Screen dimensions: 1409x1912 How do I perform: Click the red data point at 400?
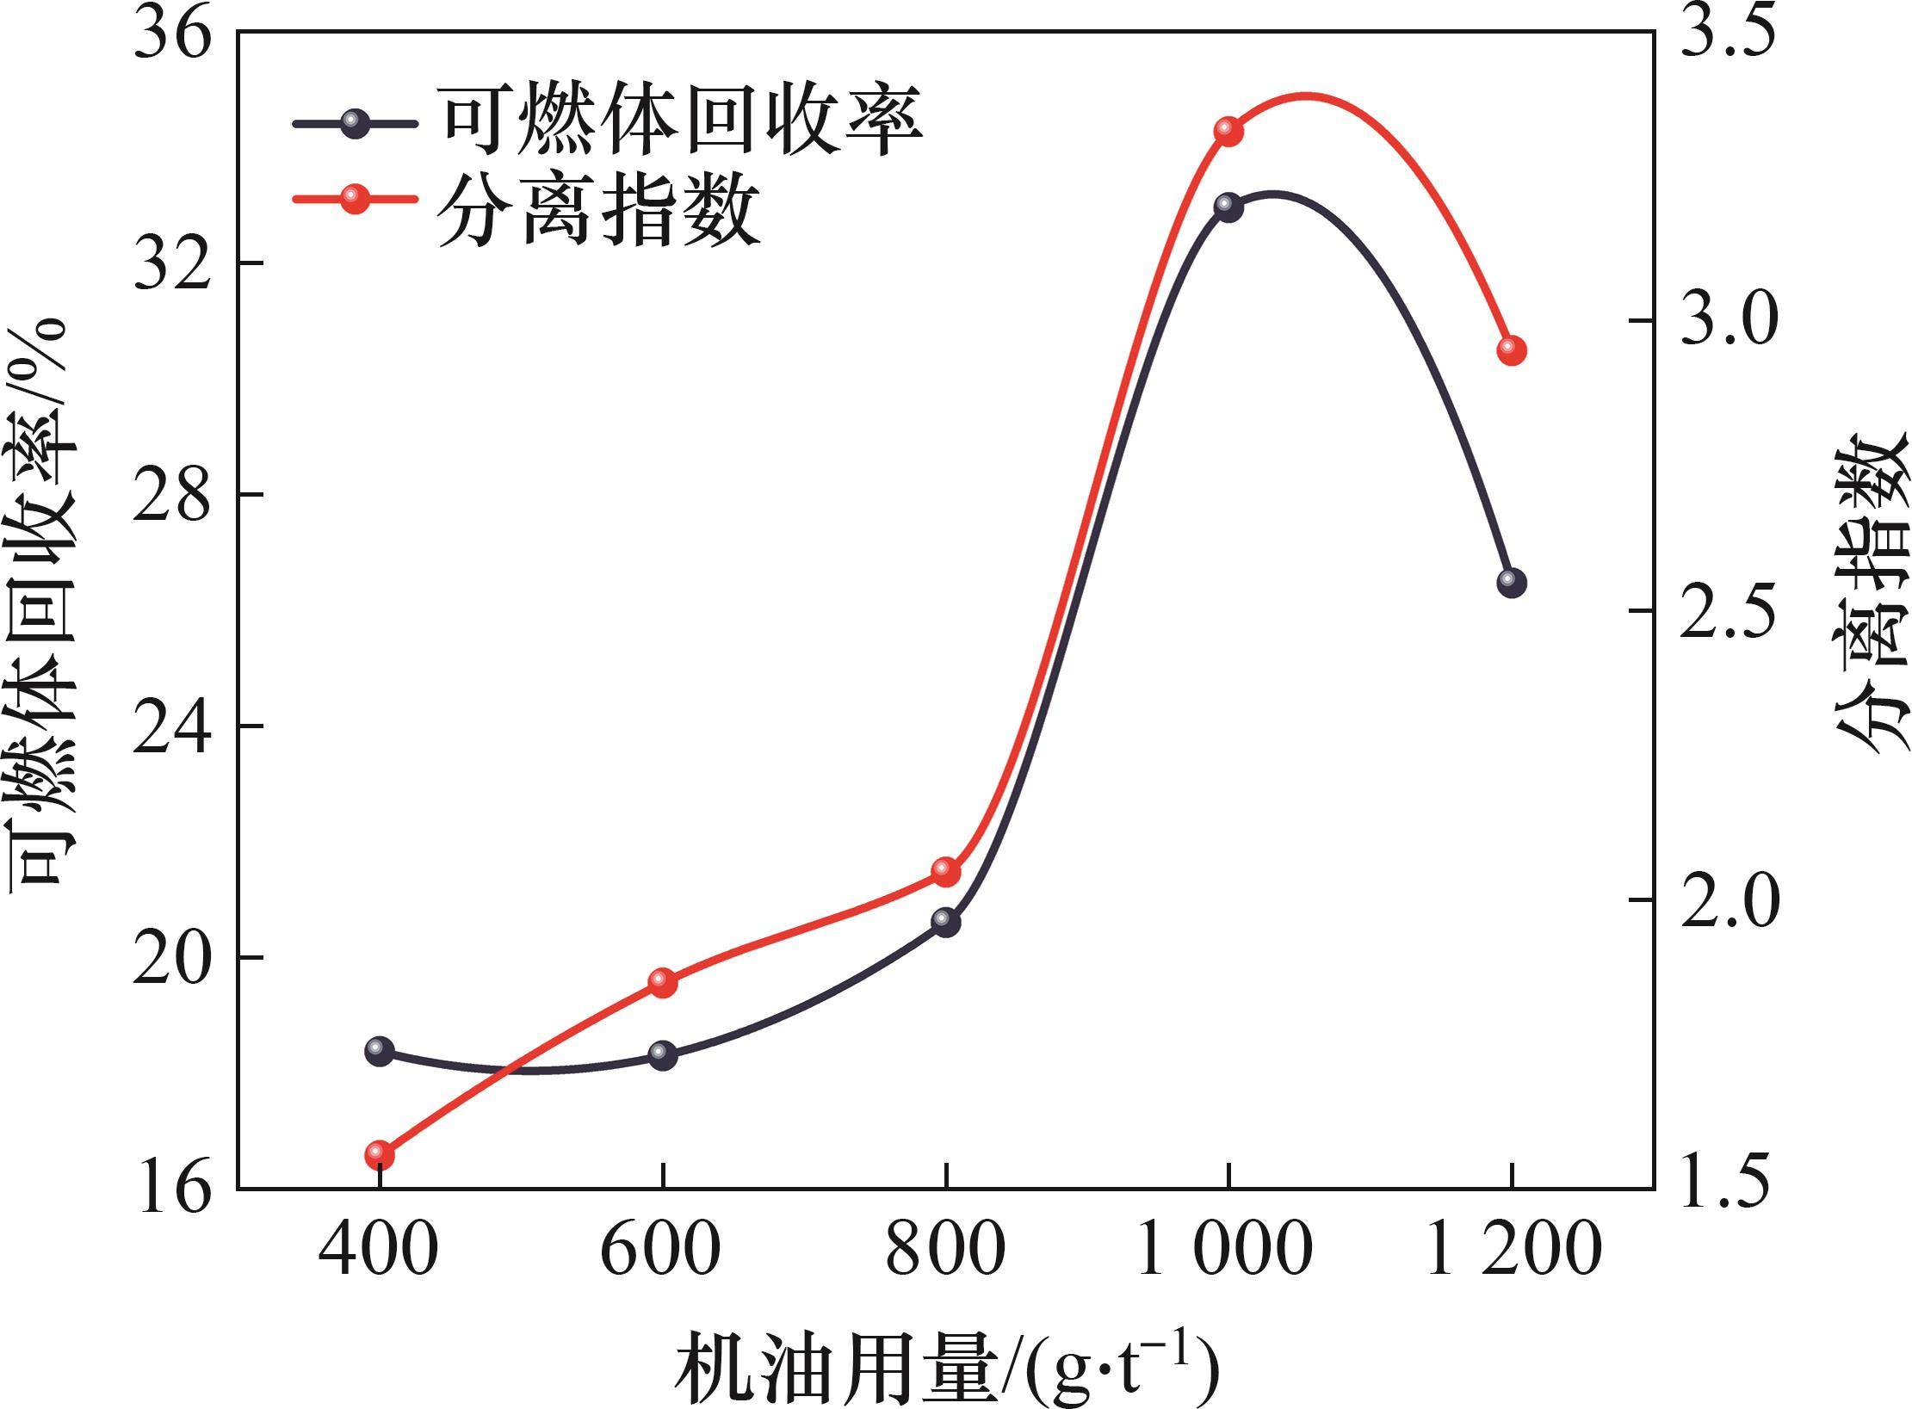point(380,1154)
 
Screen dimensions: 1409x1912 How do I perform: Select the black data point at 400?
point(380,1050)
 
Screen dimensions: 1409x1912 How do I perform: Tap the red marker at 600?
point(663,982)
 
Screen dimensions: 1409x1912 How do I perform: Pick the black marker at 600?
point(663,1055)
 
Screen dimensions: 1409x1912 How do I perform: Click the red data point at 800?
point(946,872)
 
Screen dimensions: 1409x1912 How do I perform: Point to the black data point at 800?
point(946,923)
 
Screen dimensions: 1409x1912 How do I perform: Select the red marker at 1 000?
point(1228,131)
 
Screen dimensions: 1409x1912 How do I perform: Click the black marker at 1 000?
point(1228,207)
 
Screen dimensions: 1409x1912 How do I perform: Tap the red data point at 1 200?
point(1512,350)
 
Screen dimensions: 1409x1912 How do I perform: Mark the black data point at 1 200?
point(1512,583)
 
